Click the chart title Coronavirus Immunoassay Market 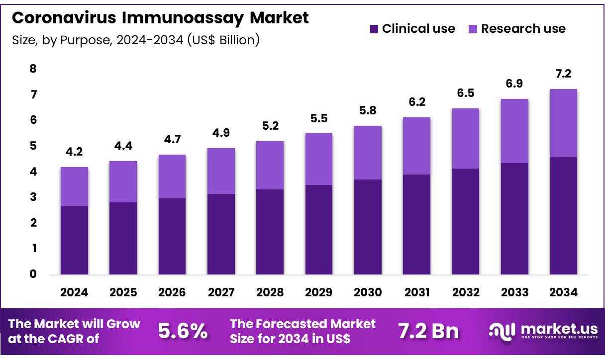(160, 18)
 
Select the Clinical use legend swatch (374, 29)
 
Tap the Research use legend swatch (473, 29)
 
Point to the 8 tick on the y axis (33, 69)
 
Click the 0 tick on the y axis (33, 274)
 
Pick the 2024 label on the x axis (74, 293)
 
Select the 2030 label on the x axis (368, 293)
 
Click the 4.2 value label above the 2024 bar (74, 152)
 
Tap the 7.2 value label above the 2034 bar (563, 74)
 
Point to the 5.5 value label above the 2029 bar (319, 118)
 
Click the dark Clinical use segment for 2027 (221, 234)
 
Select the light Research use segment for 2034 (563, 123)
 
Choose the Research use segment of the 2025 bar (123, 181)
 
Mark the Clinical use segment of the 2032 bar (466, 221)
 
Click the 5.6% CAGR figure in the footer (183, 331)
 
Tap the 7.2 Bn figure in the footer (428, 331)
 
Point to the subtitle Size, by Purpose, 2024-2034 (135, 40)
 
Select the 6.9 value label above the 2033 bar (514, 84)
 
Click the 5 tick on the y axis (33, 146)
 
